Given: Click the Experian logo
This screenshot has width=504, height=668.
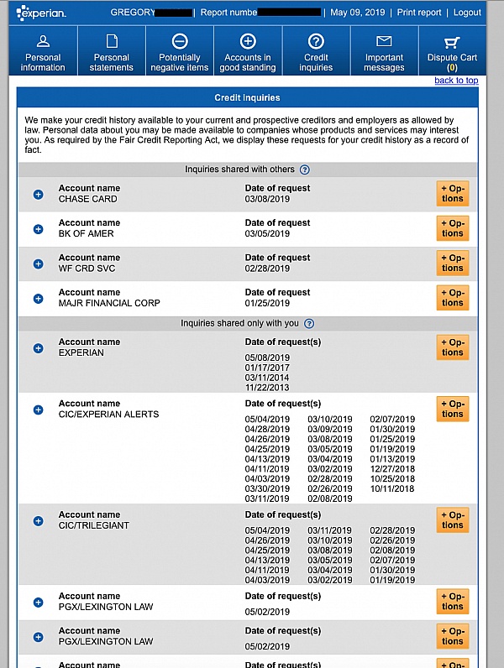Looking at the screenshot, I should pos(41,13).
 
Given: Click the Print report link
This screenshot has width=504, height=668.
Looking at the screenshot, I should pos(419,13).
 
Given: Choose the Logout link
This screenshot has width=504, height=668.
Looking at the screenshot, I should pos(467,13).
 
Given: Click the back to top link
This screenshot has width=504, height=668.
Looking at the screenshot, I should pos(456,81).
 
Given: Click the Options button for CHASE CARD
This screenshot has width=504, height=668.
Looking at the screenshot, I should pos(453,194).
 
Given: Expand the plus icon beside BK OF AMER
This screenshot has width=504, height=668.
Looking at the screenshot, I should pos(38,229).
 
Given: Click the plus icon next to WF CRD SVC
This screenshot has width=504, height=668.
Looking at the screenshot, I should pos(38,264).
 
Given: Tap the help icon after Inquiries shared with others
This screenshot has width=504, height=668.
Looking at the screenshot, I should pos(304,170).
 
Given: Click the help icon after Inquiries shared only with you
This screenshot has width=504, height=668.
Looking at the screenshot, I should pos(308,323).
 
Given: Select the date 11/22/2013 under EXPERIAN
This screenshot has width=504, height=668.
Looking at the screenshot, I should pos(267,388).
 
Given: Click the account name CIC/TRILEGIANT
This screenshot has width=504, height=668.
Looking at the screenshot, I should pos(94,525).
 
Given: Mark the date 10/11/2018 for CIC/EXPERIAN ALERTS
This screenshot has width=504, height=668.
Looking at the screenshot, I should pos(392,488).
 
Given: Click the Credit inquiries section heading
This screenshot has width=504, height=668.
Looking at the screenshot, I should pos(246,98).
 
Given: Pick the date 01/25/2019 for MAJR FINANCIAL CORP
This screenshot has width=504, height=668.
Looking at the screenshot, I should pos(267,303).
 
